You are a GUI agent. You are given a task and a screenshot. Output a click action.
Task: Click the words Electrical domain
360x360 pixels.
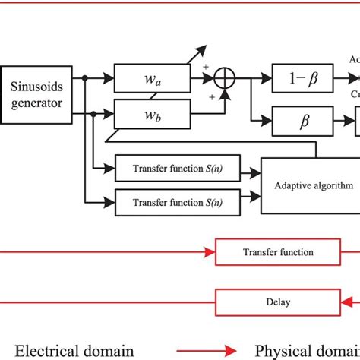(77, 350)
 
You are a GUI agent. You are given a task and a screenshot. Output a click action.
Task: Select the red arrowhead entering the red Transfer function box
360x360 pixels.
(212, 252)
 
